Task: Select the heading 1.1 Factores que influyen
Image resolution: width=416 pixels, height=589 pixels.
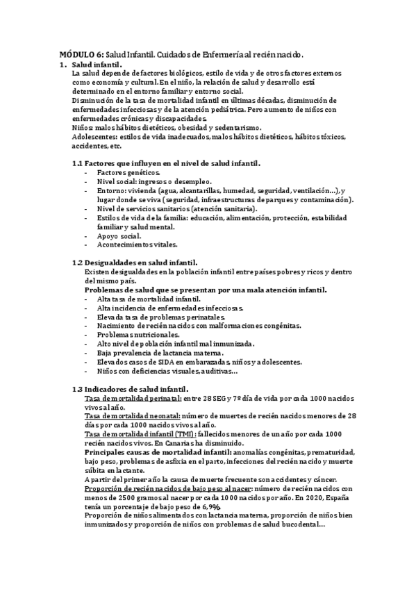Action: point(167,163)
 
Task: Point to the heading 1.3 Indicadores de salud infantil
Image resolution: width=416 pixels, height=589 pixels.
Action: point(132,389)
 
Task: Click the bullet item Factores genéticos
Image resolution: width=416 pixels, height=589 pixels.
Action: point(128,172)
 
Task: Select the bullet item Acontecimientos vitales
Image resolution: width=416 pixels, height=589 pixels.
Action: point(138,244)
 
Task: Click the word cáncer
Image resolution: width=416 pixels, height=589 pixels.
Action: point(322,479)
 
